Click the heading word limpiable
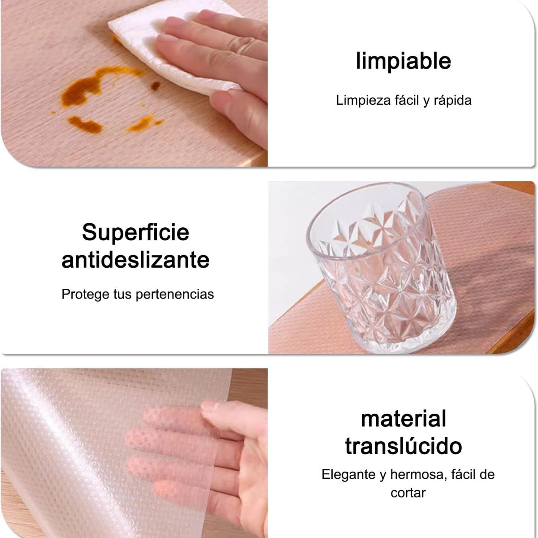403,61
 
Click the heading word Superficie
135,232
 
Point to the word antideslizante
135,260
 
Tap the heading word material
403,419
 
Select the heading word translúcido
403,446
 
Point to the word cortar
408,493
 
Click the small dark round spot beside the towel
156,85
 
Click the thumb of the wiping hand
238,108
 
